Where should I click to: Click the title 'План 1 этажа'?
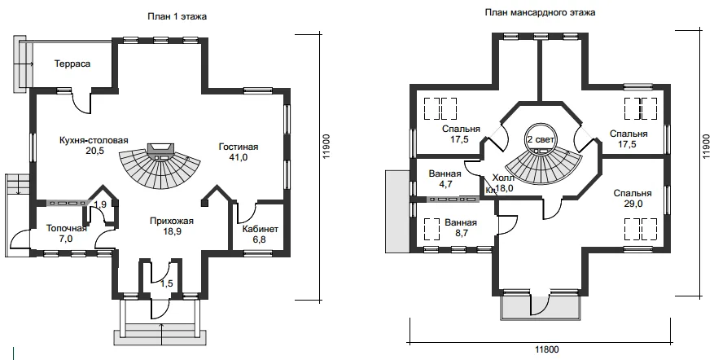[x=177, y=17]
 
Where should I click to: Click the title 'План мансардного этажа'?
[x=540, y=12]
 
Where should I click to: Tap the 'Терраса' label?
[x=72, y=64]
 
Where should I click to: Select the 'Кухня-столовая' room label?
[x=94, y=140]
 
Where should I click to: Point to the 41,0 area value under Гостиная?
[x=239, y=157]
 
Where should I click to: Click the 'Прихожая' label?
[x=172, y=221]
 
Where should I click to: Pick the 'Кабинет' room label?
[x=260, y=229]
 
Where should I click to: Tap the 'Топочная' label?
[x=67, y=228]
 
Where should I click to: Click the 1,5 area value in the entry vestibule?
[x=167, y=283]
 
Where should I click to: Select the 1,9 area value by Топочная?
[x=100, y=204]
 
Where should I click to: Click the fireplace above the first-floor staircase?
[x=160, y=149]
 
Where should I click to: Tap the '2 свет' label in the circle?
[x=541, y=139]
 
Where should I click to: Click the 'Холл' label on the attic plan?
[x=504, y=178]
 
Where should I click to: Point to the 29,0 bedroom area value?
[x=633, y=204]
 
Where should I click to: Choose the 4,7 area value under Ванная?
[x=445, y=184]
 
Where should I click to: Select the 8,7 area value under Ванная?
[x=460, y=233]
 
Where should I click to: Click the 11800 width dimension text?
[x=546, y=350]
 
